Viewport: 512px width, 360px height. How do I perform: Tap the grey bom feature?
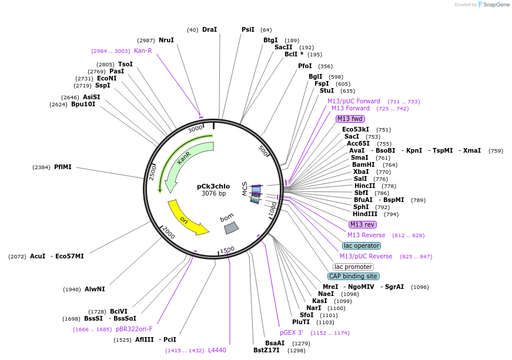230,226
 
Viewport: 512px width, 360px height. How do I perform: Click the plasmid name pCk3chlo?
213,186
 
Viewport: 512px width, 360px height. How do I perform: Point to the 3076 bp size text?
213,194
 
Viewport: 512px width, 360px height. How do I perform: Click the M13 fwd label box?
350,119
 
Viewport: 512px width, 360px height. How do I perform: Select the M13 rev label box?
362,224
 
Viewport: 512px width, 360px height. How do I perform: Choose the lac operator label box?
361,245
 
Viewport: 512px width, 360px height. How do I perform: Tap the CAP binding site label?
353,276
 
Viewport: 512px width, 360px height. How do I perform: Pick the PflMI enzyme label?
62,167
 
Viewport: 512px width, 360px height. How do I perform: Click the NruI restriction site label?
166,40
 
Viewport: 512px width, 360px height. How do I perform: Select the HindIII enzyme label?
365,214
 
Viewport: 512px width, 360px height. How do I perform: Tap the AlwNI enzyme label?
95,290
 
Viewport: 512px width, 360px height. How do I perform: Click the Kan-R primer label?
143,51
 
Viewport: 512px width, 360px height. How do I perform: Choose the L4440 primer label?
217,351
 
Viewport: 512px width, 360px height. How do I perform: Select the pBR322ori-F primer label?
134,329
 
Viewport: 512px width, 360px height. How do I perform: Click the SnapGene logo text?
496,5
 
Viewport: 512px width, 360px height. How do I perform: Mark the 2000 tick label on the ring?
169,233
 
